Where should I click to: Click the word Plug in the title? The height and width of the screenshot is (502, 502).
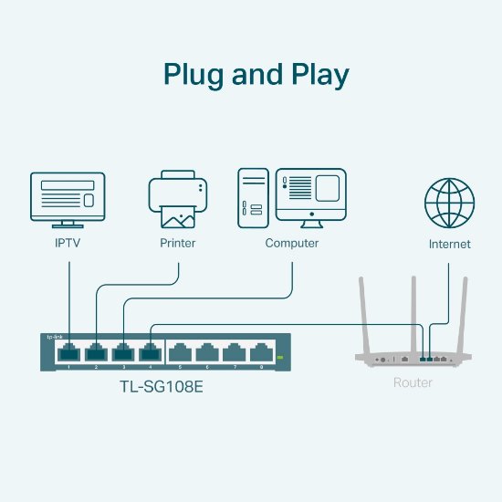(193, 74)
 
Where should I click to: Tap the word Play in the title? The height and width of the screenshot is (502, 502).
(316, 74)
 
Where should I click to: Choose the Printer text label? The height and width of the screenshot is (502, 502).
(177, 244)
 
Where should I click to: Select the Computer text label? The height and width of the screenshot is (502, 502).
(292, 244)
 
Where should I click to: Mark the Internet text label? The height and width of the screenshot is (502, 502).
(450, 245)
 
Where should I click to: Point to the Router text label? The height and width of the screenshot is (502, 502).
(413, 382)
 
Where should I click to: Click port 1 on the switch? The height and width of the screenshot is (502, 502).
(69, 351)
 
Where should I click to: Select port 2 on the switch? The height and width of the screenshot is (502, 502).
(97, 351)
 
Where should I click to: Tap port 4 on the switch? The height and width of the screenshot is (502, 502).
(151, 351)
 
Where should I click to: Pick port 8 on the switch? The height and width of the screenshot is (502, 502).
(263, 351)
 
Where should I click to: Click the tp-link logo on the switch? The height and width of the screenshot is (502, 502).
(55, 337)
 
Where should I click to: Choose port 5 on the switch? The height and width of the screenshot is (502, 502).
(181, 351)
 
